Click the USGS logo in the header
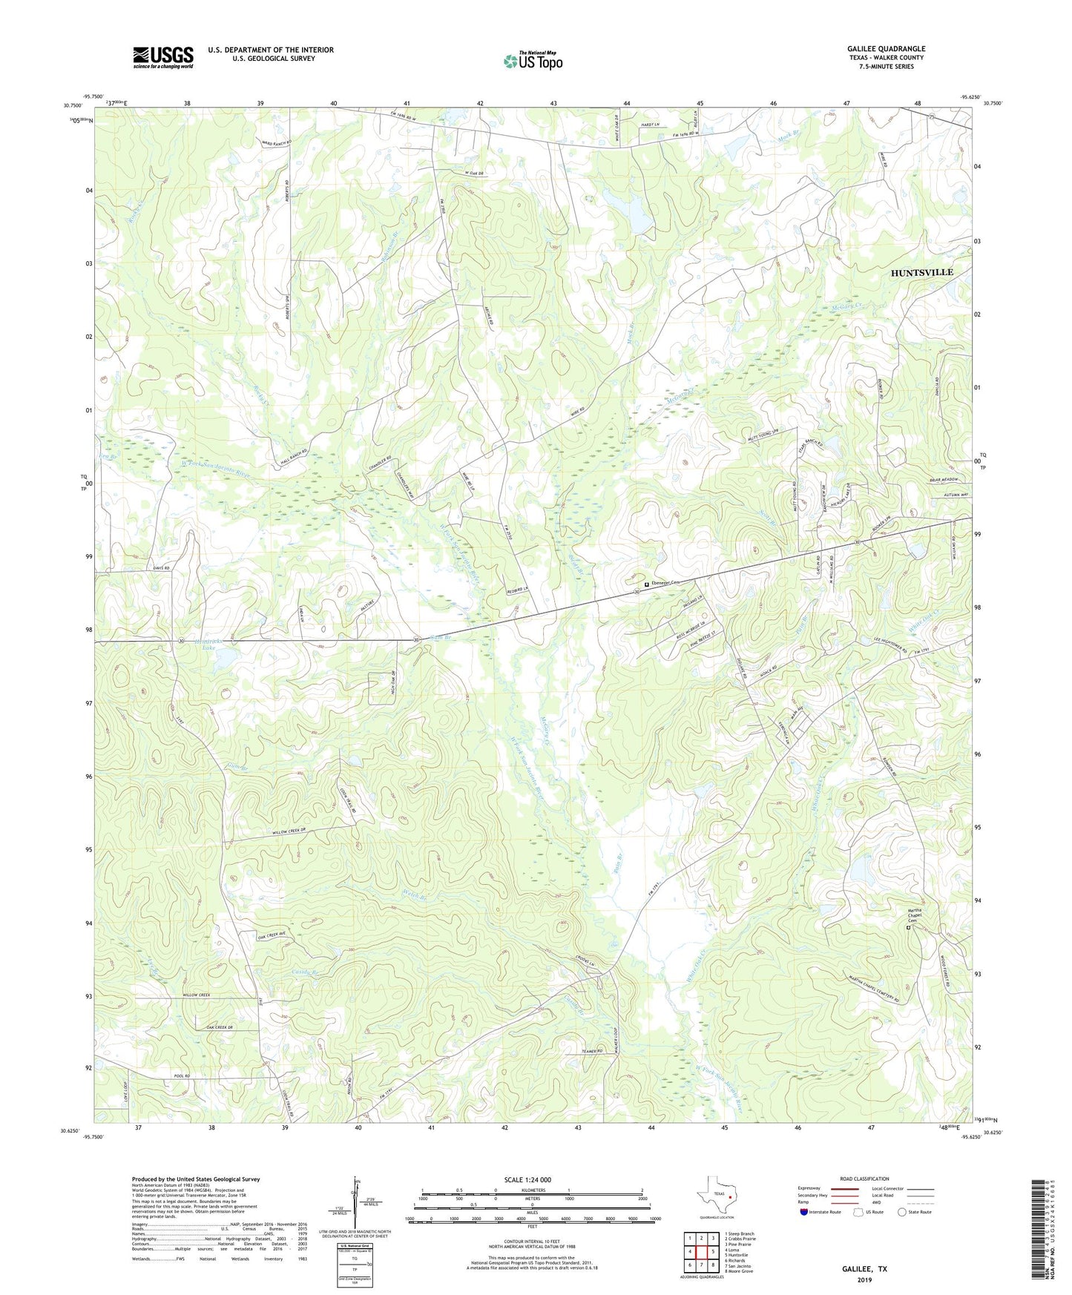click(163, 56)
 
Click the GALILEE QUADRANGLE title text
click(886, 49)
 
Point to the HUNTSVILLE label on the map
click(921, 272)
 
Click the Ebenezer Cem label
click(665, 584)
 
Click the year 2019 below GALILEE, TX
click(864, 1280)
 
